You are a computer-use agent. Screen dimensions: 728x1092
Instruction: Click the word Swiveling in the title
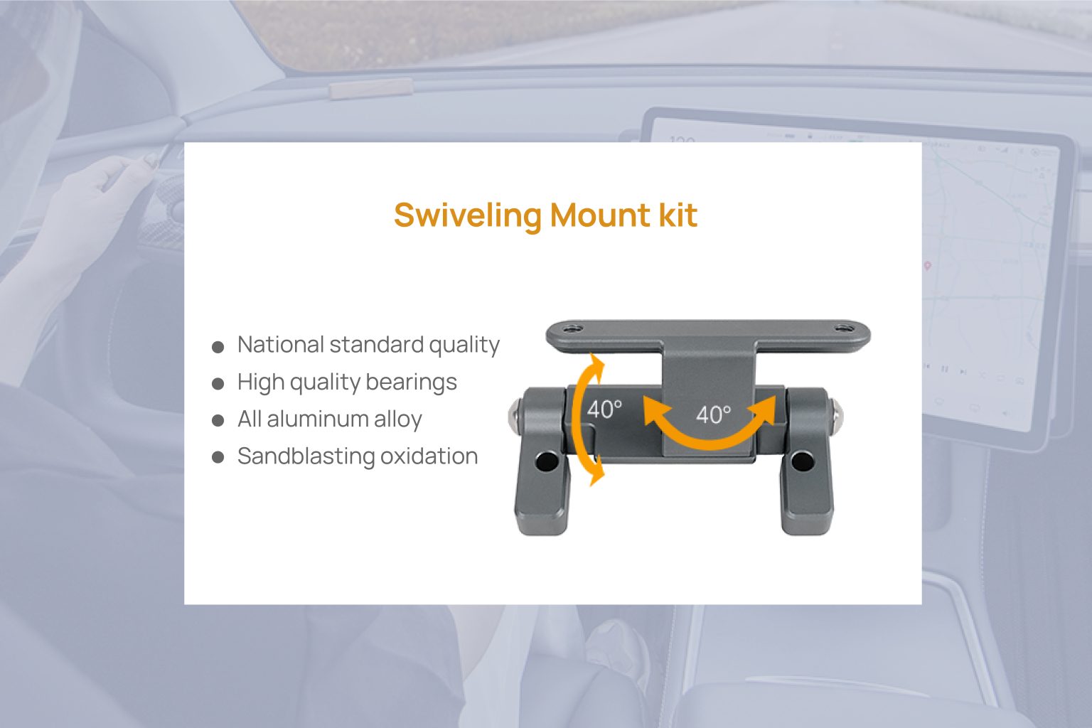[467, 215]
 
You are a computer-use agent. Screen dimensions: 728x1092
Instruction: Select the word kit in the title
[678, 215]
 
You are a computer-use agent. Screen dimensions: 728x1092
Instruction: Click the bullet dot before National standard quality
[218, 347]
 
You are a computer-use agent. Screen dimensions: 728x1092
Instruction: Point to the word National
[280, 345]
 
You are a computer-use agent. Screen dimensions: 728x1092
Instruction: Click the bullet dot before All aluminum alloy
[218, 421]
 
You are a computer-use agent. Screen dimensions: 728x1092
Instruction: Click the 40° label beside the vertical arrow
[604, 409]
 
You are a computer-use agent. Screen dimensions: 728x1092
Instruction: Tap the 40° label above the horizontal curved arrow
[713, 414]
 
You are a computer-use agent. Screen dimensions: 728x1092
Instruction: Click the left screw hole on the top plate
[574, 329]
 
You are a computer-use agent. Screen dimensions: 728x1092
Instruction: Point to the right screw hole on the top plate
[844, 328]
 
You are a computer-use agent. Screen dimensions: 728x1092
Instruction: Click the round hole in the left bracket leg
[547, 462]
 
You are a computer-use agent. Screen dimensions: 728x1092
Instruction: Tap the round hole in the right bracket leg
[803, 461]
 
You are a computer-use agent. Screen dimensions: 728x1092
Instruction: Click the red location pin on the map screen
[927, 266]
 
